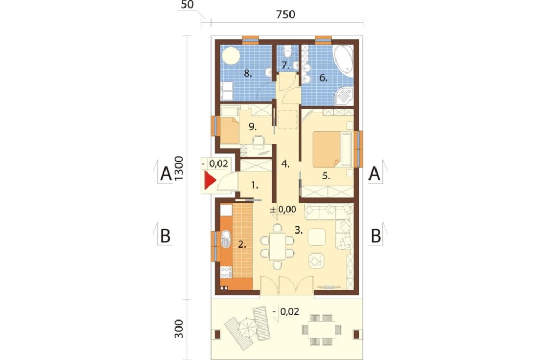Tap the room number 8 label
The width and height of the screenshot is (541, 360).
247,73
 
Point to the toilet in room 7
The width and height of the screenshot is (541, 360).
287,52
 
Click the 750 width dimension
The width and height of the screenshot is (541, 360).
286,15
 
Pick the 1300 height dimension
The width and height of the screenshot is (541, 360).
179,168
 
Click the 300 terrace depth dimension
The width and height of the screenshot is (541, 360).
179,329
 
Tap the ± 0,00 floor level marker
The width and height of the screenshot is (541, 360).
283,209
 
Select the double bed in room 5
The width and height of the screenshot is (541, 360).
331,149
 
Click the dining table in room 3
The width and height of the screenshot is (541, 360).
278,246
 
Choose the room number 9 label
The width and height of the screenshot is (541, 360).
253,127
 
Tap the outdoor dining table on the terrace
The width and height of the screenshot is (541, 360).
321,329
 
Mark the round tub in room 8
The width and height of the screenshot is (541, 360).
230,56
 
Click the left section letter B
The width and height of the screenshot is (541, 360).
166,236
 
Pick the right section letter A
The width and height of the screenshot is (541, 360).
374,174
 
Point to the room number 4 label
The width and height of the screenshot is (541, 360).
285,164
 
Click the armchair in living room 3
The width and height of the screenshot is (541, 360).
316,260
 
